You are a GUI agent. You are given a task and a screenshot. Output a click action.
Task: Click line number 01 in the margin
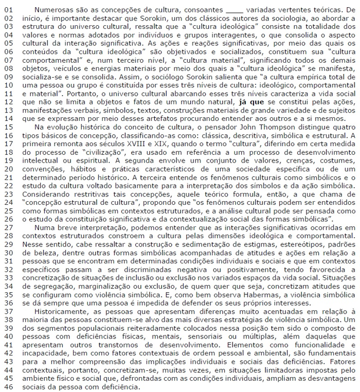click(10, 9)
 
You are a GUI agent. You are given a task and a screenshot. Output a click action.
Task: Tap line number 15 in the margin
click(10, 127)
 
